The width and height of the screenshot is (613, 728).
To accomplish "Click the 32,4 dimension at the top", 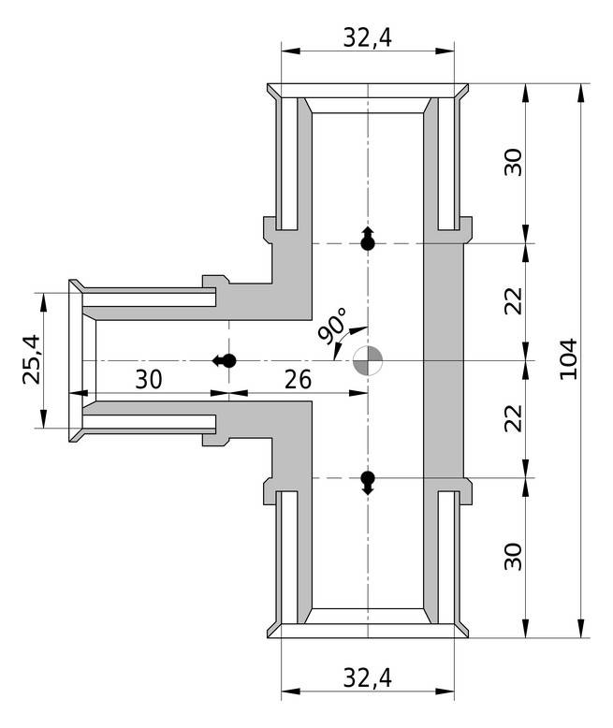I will tap(367, 36).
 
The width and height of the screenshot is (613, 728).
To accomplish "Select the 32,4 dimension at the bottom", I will tap(367, 676).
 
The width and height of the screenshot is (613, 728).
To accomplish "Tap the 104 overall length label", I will tap(567, 359).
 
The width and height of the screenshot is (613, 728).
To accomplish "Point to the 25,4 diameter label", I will tap(31, 359).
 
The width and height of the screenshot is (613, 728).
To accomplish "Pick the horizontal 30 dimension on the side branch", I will tap(149, 380).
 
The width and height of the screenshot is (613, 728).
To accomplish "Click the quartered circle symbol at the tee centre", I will tap(368, 360).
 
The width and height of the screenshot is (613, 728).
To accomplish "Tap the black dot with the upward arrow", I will tap(368, 242).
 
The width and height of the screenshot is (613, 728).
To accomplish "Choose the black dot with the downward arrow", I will tap(368, 478).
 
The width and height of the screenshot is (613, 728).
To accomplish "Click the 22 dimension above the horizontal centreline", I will tap(514, 301).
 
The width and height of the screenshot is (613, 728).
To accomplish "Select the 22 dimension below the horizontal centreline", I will tap(514, 419).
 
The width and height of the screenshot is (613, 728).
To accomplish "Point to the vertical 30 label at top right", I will tap(514, 162).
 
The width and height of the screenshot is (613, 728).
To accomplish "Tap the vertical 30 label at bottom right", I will tap(514, 557).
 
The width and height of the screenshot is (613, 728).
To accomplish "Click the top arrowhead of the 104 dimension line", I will tap(583, 92).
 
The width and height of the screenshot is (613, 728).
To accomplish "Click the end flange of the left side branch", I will tap(75, 360).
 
